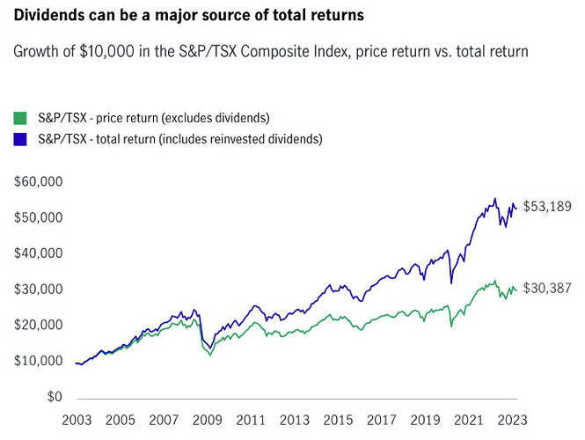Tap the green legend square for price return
[18, 117]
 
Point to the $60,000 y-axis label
[40, 181]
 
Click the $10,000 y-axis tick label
[40, 362]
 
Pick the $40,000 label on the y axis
[40, 253]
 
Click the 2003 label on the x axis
[77, 420]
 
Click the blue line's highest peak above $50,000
[495, 198]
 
